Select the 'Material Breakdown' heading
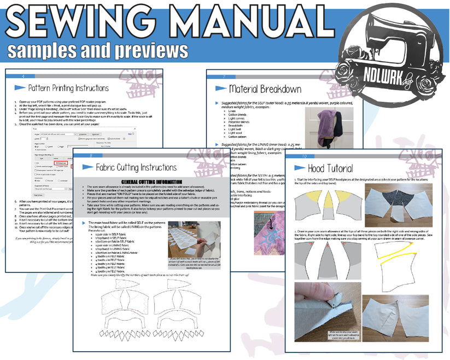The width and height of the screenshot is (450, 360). coord(265,89)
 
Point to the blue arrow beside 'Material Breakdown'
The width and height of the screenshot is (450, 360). coord(221,88)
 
